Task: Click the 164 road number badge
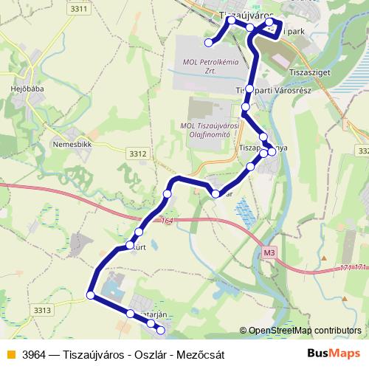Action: [x=168, y=221]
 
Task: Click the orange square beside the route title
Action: [x=10, y=354]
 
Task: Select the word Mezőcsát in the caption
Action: [x=199, y=354]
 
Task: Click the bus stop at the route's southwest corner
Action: [x=91, y=295]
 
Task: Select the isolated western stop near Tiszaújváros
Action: [x=209, y=44]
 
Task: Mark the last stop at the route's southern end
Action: [x=162, y=328]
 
